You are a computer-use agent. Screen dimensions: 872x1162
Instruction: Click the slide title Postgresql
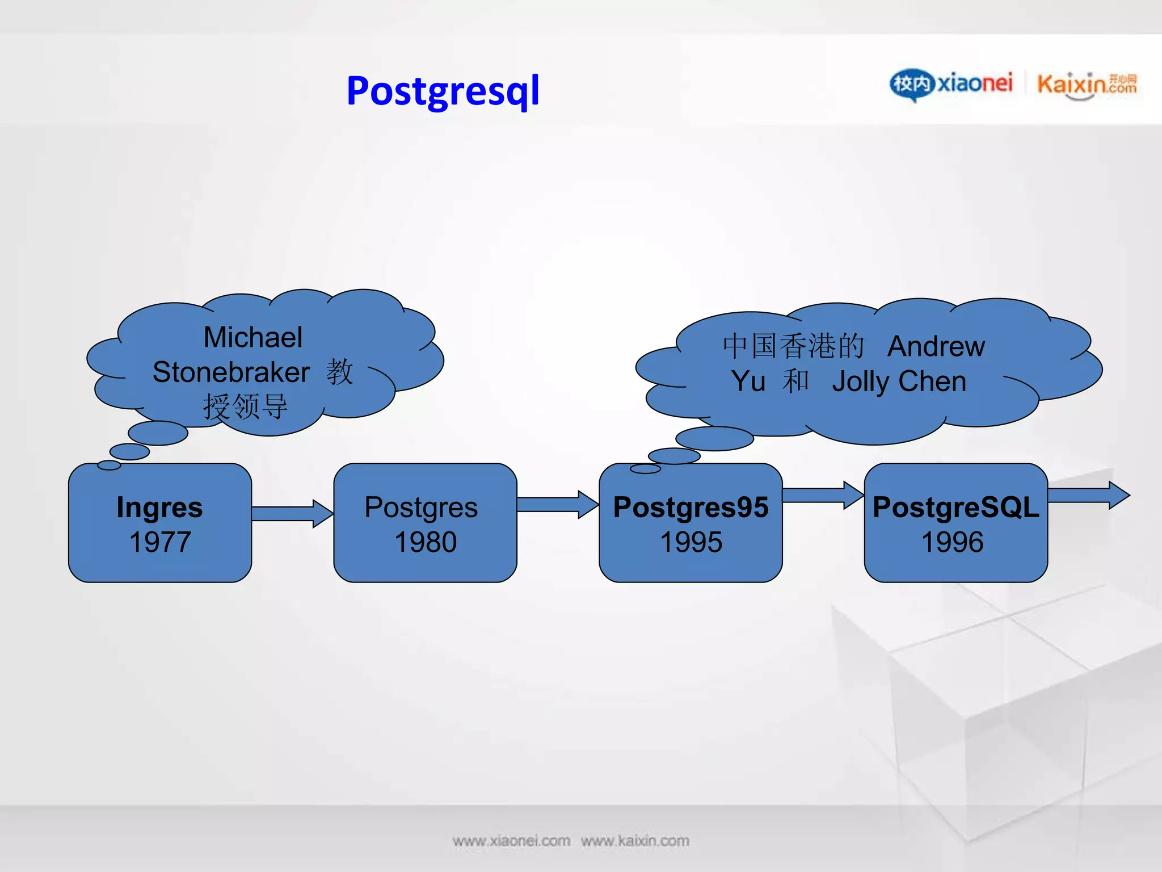click(x=443, y=91)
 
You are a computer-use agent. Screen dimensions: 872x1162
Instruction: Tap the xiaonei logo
click(x=951, y=84)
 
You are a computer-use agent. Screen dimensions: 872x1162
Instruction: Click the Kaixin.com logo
click(x=1087, y=85)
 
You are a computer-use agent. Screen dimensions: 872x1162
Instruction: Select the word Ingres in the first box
click(x=159, y=507)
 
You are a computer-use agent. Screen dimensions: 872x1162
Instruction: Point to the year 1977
click(x=160, y=542)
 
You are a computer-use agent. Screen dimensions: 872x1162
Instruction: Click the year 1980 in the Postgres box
click(x=426, y=542)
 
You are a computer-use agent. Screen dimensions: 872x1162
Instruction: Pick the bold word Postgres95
click(x=691, y=507)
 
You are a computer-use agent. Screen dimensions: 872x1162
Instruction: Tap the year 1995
click(x=691, y=542)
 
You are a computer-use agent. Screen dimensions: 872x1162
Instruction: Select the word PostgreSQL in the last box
click(x=955, y=507)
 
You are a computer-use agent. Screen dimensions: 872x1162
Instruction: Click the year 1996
click(x=952, y=542)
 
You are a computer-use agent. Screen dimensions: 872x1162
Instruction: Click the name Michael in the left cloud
click(x=253, y=337)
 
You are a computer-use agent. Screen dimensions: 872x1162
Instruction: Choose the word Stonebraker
click(x=231, y=372)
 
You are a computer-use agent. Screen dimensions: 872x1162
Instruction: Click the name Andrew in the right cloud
click(x=936, y=346)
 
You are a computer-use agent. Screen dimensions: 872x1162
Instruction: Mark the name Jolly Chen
click(x=899, y=381)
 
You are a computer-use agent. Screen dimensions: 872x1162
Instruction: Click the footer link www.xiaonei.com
click(x=511, y=841)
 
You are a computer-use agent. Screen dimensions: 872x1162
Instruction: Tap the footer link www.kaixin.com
click(x=635, y=841)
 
